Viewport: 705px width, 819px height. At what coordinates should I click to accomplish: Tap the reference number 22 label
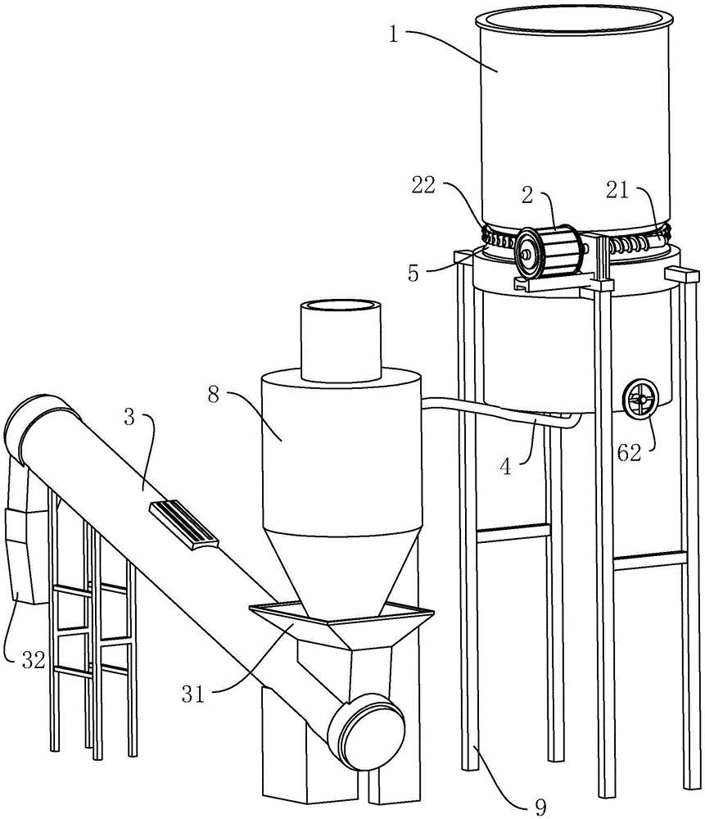(423, 185)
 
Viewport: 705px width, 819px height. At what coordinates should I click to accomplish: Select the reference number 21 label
(617, 191)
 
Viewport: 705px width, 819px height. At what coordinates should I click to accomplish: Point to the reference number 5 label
(414, 274)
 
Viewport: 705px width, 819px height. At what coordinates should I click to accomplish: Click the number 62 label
(629, 453)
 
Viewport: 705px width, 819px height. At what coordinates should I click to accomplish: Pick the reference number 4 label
(505, 467)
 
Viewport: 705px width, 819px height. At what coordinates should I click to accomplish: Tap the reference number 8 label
(213, 395)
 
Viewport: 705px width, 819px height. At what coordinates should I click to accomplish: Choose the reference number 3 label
(129, 418)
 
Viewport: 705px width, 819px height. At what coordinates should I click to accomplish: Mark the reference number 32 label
(34, 660)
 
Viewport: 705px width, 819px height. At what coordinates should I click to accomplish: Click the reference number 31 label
(193, 695)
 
